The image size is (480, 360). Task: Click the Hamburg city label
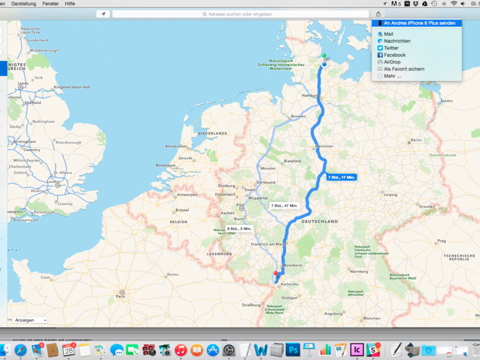coord(310,96)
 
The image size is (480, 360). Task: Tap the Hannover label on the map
coord(325,146)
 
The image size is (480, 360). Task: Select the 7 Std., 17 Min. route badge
coord(341,178)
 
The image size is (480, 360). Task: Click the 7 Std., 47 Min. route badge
coord(284,205)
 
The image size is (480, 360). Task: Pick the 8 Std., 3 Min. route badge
coord(239,229)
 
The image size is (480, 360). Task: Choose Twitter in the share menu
coord(391,48)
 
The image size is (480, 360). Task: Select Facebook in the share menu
coord(394,55)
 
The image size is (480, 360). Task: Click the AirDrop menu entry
coord(392,62)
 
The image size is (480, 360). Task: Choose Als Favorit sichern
coord(404,69)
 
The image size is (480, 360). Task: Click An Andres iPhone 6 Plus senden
coord(419,23)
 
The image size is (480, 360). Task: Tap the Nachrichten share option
coord(397,41)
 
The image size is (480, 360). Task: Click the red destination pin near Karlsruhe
coord(276,273)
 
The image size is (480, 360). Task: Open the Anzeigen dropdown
coord(29,320)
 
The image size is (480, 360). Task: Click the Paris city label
coord(120,296)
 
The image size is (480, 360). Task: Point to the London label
coord(54,182)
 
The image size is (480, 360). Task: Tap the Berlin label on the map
coord(416,140)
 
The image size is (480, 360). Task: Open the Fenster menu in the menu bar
coord(50,4)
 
